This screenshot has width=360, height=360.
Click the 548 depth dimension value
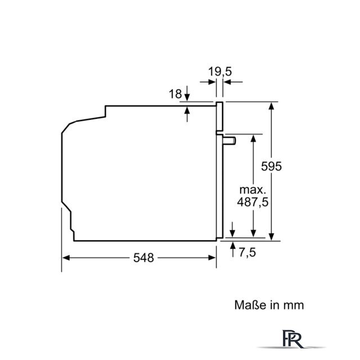tap(143, 258)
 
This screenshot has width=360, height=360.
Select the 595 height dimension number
tap(271, 166)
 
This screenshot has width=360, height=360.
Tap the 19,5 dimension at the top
tap(220, 71)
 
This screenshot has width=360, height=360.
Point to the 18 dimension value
tap(175, 94)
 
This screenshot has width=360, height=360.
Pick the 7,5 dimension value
tap(247, 253)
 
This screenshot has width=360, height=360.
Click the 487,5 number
tap(253, 202)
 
